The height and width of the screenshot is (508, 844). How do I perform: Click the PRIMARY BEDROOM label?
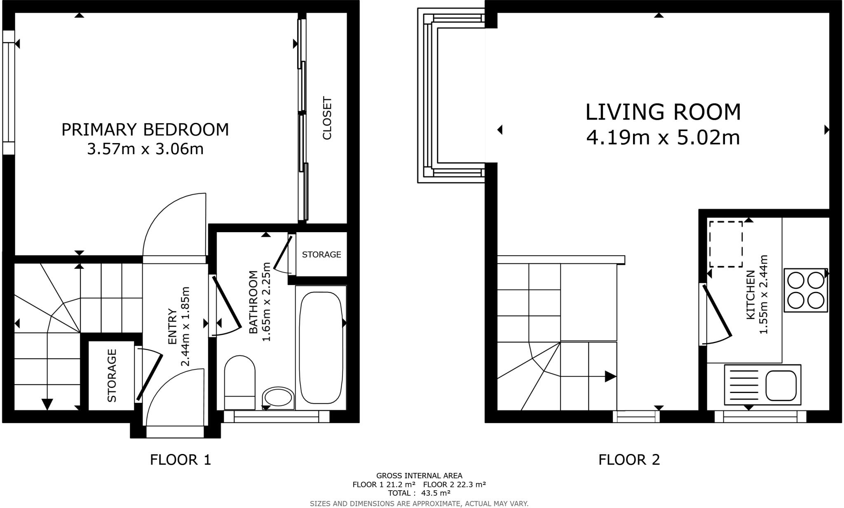pyautogui.click(x=145, y=130)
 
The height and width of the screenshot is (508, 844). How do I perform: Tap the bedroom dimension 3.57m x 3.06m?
pyautogui.click(x=145, y=149)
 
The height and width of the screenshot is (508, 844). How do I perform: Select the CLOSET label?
pyautogui.click(x=327, y=119)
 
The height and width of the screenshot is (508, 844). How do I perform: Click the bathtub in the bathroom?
pyautogui.click(x=321, y=348)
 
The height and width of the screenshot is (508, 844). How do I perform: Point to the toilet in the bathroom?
pyautogui.click(x=239, y=381)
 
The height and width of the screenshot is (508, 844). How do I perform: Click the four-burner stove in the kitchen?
pyautogui.click(x=806, y=290)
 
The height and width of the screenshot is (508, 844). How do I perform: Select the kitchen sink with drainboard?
pyautogui.click(x=762, y=385)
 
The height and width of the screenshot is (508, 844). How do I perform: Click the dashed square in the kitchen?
pyautogui.click(x=725, y=244)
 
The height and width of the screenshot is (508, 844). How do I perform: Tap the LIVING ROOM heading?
pyautogui.click(x=663, y=112)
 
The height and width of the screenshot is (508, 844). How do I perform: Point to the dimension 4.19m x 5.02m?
pyautogui.click(x=663, y=138)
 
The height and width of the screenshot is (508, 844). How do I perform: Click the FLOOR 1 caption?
pyautogui.click(x=181, y=460)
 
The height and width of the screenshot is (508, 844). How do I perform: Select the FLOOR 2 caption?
pyautogui.click(x=629, y=460)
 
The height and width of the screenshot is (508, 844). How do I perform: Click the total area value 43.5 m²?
pyautogui.click(x=436, y=493)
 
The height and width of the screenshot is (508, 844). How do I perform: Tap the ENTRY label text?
pyautogui.click(x=172, y=327)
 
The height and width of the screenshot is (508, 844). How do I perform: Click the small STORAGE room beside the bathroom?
pyautogui.click(x=321, y=254)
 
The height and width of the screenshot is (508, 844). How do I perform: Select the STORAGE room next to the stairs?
pyautogui.click(x=112, y=375)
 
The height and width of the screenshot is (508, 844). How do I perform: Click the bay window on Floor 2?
pyautogui.click(x=451, y=96)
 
